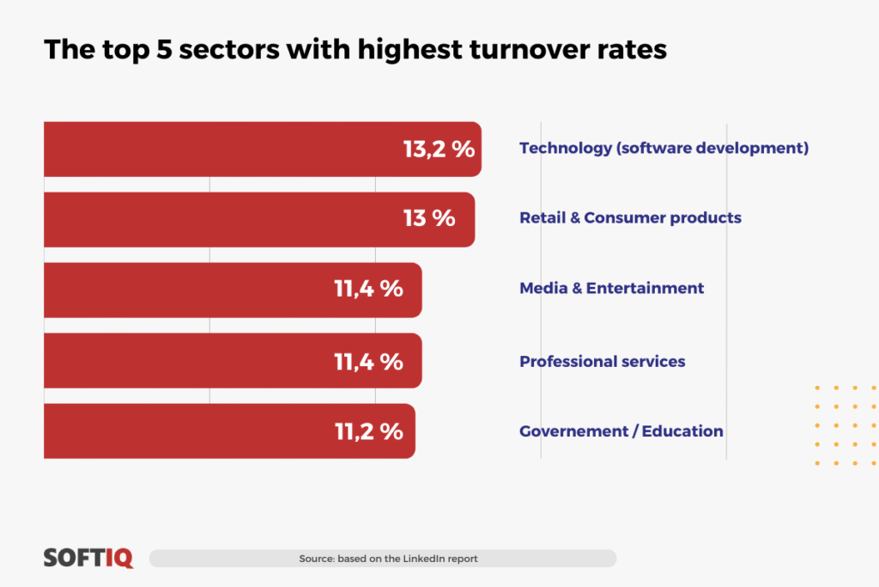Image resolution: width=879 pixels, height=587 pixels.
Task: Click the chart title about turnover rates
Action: point(355,49)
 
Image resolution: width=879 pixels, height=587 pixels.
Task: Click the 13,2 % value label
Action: point(439,149)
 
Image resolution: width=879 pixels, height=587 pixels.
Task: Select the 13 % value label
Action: point(429,218)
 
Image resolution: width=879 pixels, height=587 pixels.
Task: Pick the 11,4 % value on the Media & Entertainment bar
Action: point(368,289)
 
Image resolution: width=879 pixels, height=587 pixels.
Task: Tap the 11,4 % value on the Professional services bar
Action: point(368,361)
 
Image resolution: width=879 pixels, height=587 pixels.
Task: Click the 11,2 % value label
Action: point(368,431)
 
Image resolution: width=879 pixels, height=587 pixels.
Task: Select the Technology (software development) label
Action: point(664,148)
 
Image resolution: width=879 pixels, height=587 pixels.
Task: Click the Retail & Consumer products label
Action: point(630,217)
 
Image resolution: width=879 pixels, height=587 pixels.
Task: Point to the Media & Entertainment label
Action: point(611,288)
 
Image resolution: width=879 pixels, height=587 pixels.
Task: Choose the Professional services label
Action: point(602,361)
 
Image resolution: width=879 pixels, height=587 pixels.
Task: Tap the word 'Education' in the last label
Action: point(682,431)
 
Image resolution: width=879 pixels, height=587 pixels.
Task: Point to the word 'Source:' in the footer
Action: point(317,559)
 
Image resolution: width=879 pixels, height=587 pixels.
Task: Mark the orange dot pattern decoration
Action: point(846,425)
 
